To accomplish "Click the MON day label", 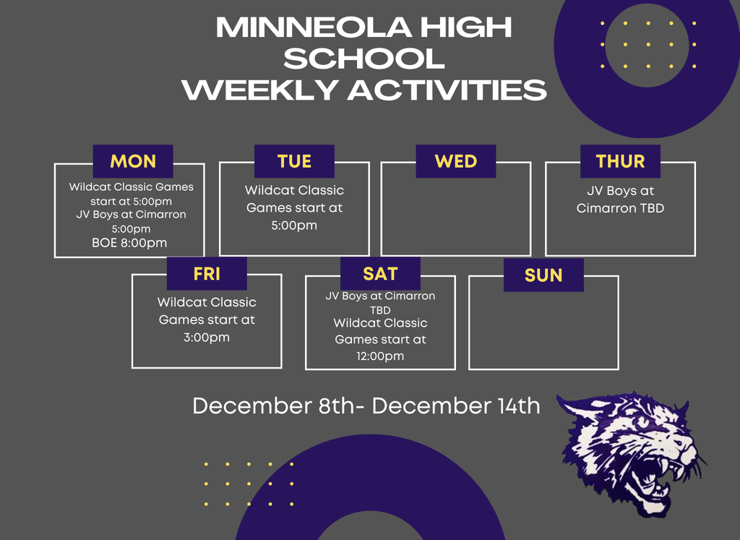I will tap(133, 161).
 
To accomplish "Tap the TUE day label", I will tap(294, 161).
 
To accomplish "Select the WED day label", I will tap(455, 161).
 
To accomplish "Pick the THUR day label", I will tap(620, 161).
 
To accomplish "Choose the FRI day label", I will tap(207, 274).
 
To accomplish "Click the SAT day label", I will tap(380, 274).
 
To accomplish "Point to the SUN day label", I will tap(543, 275).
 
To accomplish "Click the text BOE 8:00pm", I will tap(129, 243).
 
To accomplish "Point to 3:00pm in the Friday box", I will tap(207, 338).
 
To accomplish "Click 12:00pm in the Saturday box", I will tap(380, 356).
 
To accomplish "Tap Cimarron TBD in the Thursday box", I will tap(620, 208).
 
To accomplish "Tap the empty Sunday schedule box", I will tap(543, 333).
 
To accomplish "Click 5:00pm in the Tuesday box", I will tap(293, 226).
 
